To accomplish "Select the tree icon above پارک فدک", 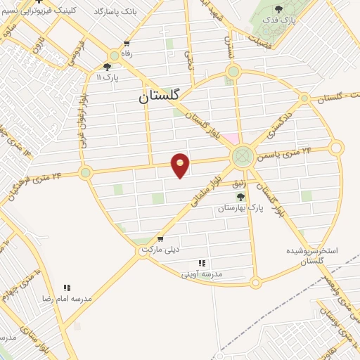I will click(x=279, y=10).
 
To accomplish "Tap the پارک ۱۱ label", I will click(x=109, y=77).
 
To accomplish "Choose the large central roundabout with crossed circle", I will click(x=242, y=155).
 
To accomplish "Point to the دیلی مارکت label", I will click(x=161, y=250).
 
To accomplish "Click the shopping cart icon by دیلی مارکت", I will click(x=160, y=239).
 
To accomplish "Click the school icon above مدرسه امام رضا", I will click(x=67, y=287).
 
